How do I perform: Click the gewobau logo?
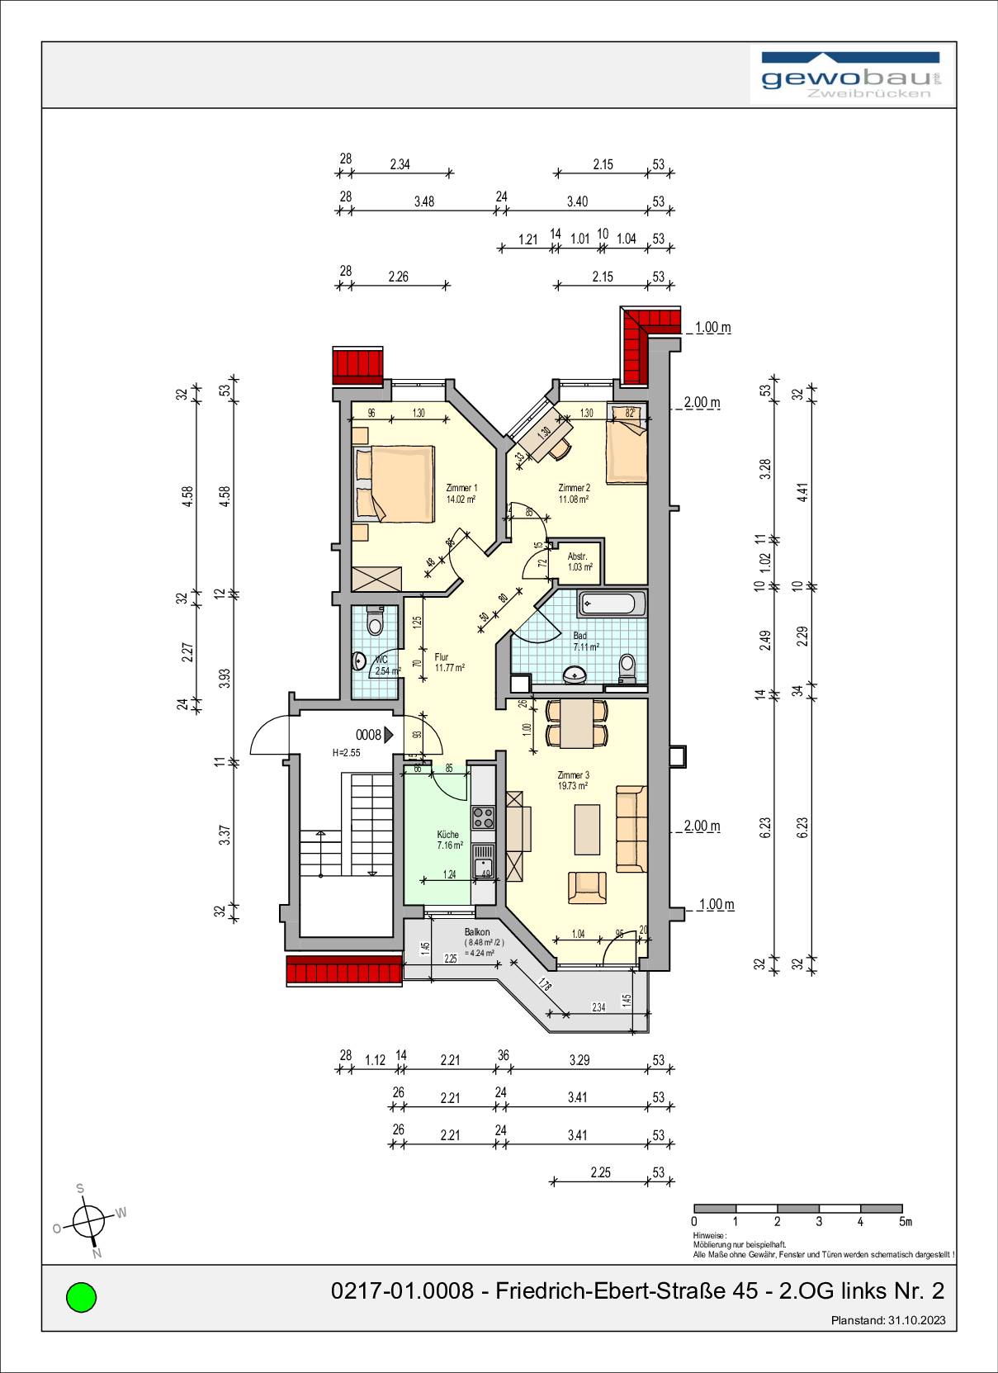(x=851, y=76)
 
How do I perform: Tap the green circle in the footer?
(x=81, y=1296)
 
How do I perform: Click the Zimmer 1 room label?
(x=461, y=488)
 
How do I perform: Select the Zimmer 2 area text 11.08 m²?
(x=573, y=499)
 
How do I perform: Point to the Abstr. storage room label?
(x=577, y=556)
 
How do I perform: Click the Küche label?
(x=448, y=835)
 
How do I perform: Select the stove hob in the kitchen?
(x=483, y=817)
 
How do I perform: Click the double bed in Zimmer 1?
(x=395, y=483)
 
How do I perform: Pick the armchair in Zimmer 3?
(x=587, y=887)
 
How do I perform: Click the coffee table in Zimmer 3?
(x=587, y=829)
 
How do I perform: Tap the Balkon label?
(x=476, y=932)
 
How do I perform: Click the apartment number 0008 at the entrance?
(x=368, y=735)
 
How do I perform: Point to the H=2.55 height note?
(x=347, y=753)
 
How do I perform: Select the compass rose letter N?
(x=97, y=1253)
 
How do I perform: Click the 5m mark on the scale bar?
(x=905, y=1222)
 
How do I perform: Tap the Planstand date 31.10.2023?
(x=916, y=1320)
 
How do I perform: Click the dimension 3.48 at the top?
(x=424, y=201)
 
